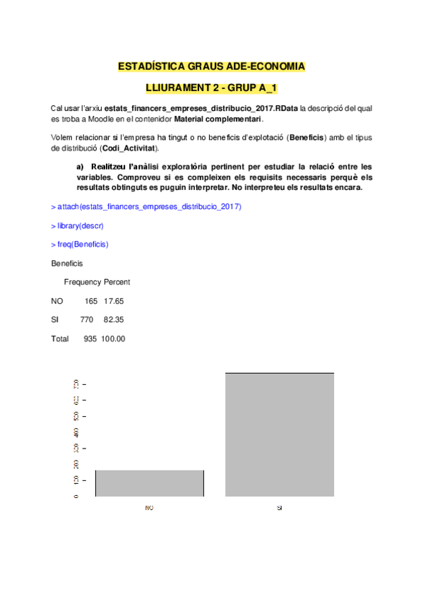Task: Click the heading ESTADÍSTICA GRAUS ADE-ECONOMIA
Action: tap(211, 67)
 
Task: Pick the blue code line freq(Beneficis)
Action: tap(81, 244)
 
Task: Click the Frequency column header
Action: tap(83, 282)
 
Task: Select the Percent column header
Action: tap(117, 282)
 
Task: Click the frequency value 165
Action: tap(91, 301)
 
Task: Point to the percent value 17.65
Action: tap(114, 301)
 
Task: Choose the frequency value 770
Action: tap(87, 320)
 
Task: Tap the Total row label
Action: tap(60, 339)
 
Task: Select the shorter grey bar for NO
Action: tap(150, 483)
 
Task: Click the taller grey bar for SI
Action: tap(280, 434)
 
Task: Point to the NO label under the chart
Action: tap(149, 508)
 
